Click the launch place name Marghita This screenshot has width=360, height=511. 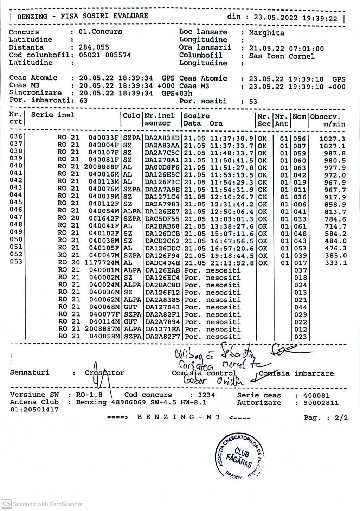pos(266,33)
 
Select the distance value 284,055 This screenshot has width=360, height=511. pos(94,47)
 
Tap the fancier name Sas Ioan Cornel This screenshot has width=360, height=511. pos(282,56)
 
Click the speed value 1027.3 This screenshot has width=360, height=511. pos(332,139)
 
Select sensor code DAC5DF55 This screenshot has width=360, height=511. pos(162,219)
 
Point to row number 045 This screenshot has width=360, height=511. pos(16,202)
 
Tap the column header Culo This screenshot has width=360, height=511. pos(131,115)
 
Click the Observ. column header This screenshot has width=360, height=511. pos(325,116)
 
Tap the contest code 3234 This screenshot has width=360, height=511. pos(206,395)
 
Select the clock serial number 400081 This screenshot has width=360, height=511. pos(316,396)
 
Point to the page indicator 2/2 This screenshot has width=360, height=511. pos(341,418)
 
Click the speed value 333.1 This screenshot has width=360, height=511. pos(336,263)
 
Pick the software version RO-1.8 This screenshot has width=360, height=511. pos(89,395)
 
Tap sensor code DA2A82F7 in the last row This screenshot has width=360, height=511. pos(162,337)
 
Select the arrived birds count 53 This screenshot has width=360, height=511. pos(253,102)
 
